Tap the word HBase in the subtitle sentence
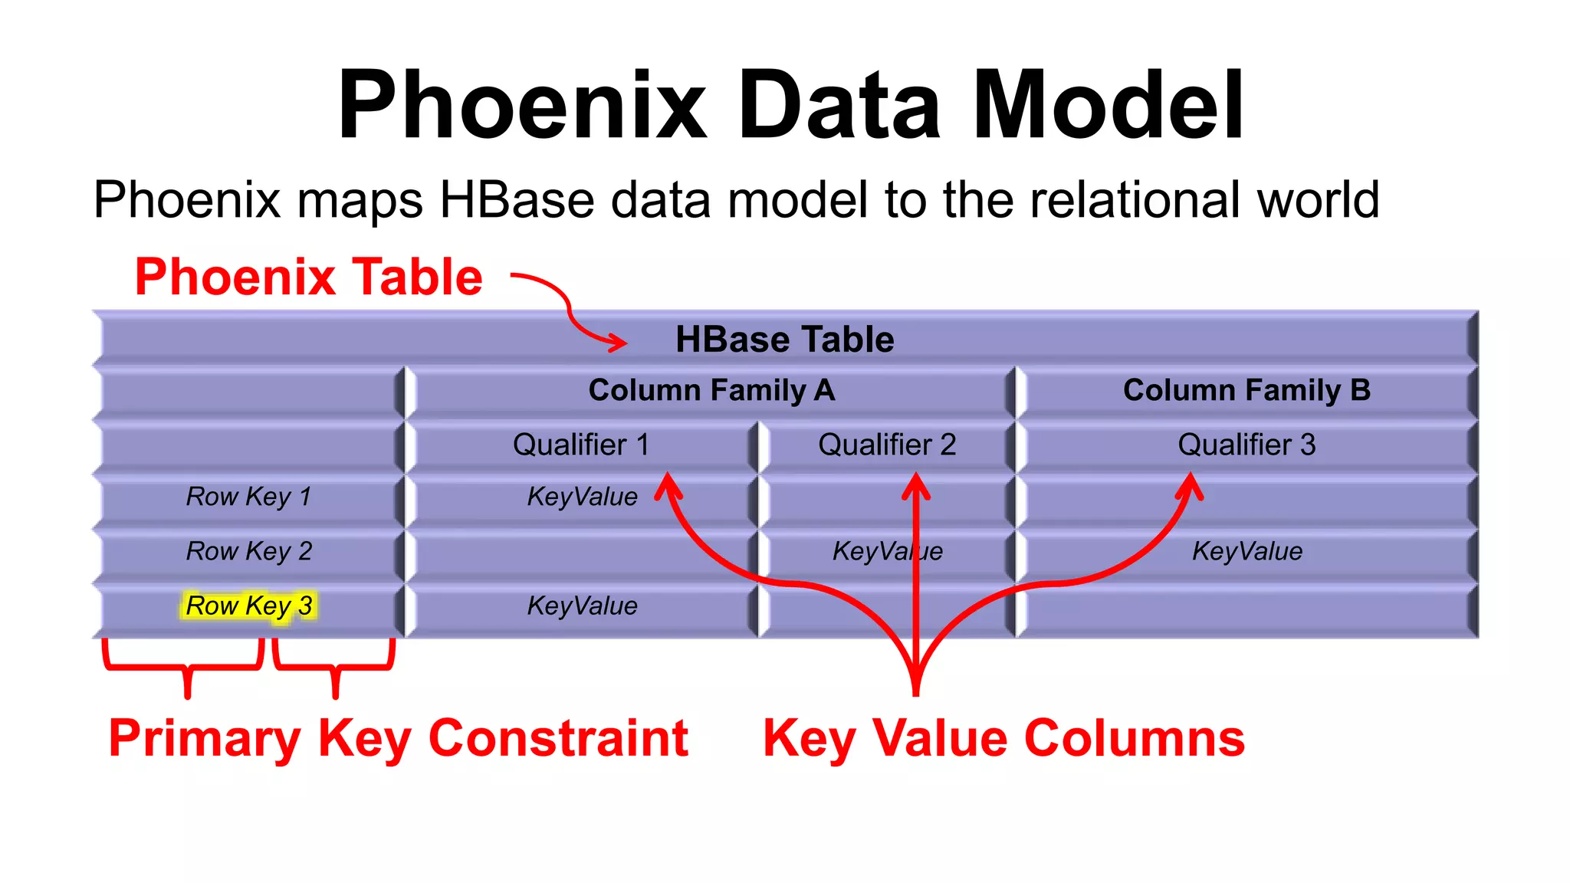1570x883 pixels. tap(516, 200)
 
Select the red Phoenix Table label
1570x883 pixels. tap(308, 277)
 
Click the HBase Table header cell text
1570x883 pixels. tap(784, 340)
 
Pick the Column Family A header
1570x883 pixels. tap(711, 390)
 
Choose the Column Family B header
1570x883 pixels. tap(1246, 390)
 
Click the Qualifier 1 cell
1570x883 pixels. tap(580, 445)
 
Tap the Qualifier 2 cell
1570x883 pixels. tap(886, 445)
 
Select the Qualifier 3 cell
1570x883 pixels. tap(1246, 445)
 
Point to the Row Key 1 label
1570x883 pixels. tap(248, 497)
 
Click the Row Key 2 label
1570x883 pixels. tap(248, 551)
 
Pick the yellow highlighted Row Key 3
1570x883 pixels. tap(248, 606)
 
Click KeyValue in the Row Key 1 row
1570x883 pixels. tap(582, 497)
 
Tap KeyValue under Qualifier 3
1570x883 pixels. tap(1246, 551)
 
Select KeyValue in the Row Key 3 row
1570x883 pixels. tap(582, 606)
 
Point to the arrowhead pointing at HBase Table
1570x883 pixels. tap(617, 342)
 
